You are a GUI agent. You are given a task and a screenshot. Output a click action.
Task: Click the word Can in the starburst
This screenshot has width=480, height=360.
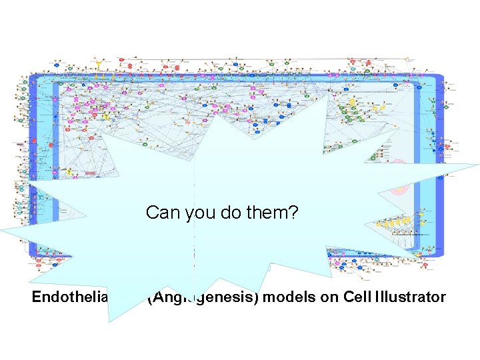[x=160, y=213]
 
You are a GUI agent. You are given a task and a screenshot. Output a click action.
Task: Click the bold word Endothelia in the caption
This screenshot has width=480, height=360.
[x=64, y=297]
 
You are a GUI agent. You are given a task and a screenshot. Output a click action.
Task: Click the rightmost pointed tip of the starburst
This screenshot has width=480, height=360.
[x=478, y=164]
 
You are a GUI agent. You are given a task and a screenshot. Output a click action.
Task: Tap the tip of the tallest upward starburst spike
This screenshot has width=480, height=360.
[x=327, y=97]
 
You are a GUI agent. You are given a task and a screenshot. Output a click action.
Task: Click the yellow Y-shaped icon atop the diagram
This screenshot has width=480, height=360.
[x=99, y=65]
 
